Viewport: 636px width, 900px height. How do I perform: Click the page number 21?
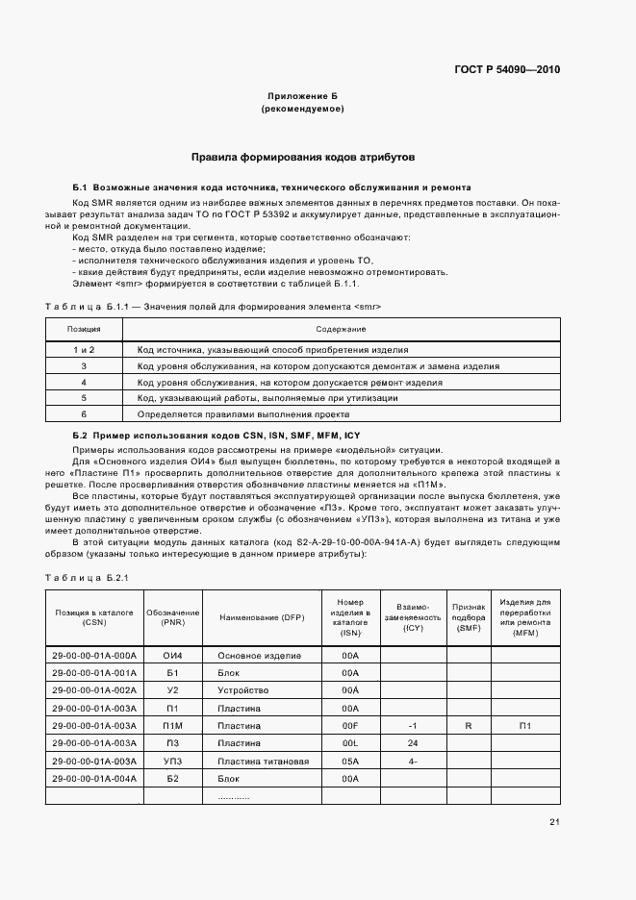554,820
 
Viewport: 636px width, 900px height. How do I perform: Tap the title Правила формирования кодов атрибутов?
302,156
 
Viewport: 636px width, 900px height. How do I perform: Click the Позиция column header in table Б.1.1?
84,329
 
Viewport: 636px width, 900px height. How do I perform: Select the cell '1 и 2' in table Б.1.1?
84,350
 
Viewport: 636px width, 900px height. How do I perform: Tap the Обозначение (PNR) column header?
173,616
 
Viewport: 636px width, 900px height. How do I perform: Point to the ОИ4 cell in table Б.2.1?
173,655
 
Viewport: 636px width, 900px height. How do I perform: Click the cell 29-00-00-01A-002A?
94,690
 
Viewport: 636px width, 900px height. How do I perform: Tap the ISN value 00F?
350,725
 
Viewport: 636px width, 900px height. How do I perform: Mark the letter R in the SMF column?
468,725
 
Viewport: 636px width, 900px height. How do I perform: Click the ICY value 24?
412,743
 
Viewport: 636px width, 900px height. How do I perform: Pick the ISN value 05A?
350,761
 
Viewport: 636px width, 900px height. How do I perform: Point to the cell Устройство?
242,690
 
